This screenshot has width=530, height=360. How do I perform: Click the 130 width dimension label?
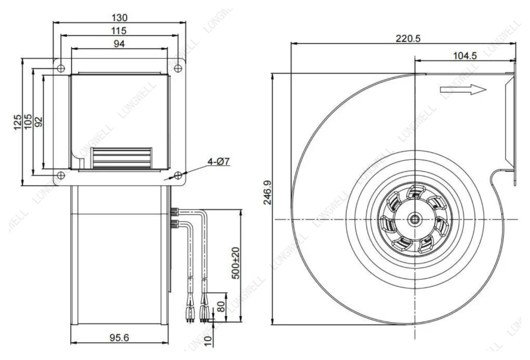tap(120, 17)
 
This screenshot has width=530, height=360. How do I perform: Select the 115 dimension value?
tap(119, 31)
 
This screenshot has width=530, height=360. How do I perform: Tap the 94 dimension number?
tap(119, 43)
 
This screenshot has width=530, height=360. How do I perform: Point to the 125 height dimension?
tap(17, 122)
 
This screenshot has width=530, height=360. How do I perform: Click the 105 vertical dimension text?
tap(28, 121)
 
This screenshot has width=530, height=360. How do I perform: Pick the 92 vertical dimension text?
tap(39, 122)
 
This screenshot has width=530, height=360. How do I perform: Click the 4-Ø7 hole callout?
tap(218, 161)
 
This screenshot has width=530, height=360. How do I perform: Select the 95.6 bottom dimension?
tap(120, 337)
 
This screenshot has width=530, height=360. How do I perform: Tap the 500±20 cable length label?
tap(236, 263)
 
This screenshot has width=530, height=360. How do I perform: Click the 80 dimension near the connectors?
tap(220, 307)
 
